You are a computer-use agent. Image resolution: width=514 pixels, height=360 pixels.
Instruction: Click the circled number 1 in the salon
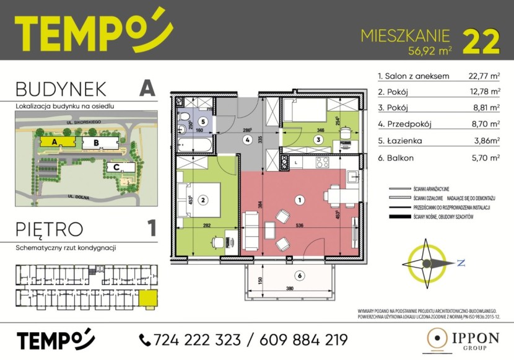[300, 200]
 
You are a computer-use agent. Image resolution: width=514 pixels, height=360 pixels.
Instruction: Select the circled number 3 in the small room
[318, 140]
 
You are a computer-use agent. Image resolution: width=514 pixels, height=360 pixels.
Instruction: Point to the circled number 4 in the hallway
[247, 140]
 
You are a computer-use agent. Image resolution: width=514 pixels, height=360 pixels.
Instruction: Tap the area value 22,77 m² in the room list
[484, 77]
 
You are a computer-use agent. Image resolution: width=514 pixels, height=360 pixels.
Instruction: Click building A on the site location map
[54, 142]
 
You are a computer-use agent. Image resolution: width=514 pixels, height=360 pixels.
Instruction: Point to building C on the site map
[115, 167]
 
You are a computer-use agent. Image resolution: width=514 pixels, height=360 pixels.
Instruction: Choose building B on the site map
[96, 143]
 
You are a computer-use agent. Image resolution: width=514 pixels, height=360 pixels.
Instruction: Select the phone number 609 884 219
[297, 340]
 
